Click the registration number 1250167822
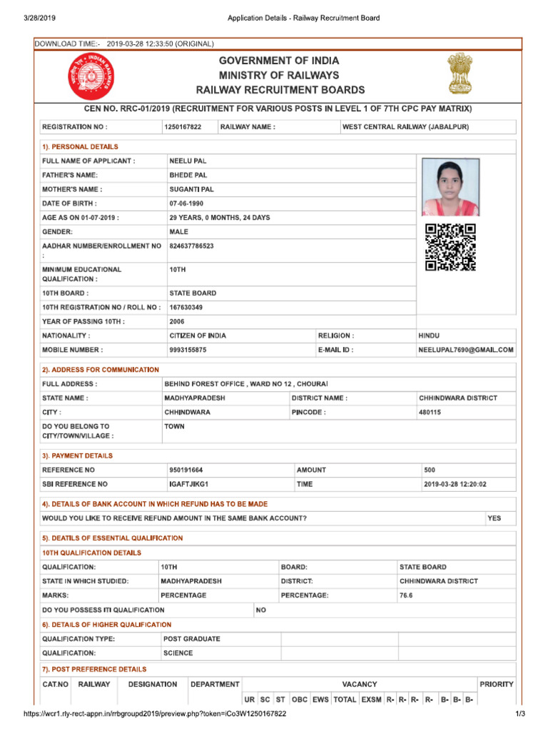(x=183, y=127)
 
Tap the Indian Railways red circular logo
(x=90, y=78)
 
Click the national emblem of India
(x=457, y=74)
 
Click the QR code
(x=450, y=247)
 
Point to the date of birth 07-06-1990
(x=186, y=203)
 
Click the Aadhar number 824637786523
(x=191, y=246)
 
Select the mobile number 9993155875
(x=188, y=350)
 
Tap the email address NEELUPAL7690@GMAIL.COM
(x=465, y=350)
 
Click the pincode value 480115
(x=430, y=412)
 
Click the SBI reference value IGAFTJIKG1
(x=188, y=484)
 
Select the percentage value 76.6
(x=406, y=595)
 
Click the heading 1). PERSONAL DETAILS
(x=80, y=147)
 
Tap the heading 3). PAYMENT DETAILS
(x=77, y=455)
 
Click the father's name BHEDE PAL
(x=188, y=175)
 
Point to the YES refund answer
(x=494, y=518)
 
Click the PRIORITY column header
(x=496, y=684)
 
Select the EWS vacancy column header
(x=320, y=700)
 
